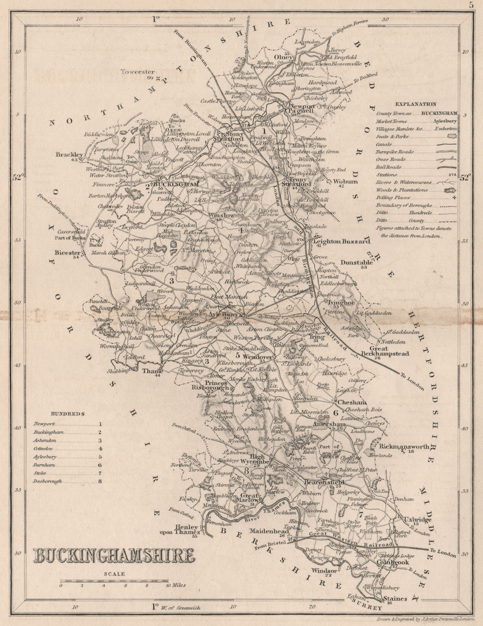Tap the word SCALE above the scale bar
click(x=114, y=574)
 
